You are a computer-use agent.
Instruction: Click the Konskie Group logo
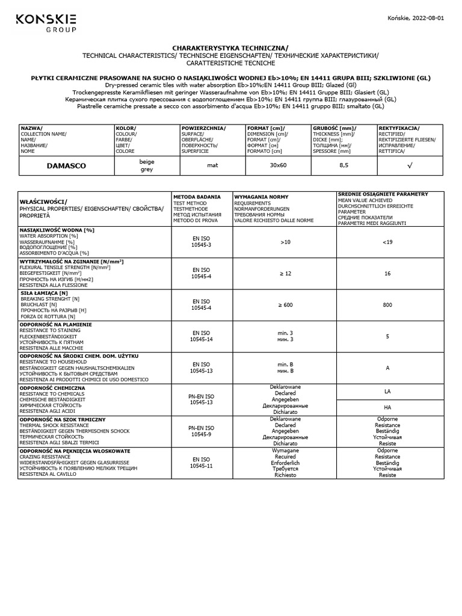tap(46, 23)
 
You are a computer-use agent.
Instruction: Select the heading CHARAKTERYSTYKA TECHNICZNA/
tap(230, 48)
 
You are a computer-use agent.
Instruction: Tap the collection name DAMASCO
tap(67, 165)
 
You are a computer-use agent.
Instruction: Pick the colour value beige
tap(147, 161)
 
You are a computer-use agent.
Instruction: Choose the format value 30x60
tap(278, 165)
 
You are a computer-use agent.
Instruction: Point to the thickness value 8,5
tap(343, 165)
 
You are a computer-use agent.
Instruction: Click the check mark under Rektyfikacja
tap(410, 165)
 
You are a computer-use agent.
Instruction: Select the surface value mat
tap(212, 165)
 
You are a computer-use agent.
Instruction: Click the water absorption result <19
tap(387, 242)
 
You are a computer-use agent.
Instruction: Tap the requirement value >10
tap(285, 242)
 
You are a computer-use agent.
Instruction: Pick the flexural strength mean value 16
tap(387, 273)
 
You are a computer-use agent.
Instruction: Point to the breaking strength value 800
tap(387, 305)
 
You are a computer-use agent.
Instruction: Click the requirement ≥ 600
tap(285, 305)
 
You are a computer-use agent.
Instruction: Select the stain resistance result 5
tap(387, 336)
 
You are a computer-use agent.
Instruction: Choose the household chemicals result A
tap(387, 368)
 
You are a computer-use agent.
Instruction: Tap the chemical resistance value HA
tap(387, 407)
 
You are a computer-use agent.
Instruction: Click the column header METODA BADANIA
tap(197, 197)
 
